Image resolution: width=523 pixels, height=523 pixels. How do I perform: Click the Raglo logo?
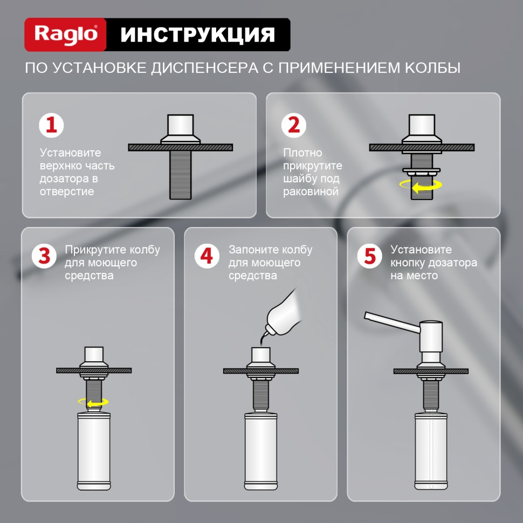coord(66,35)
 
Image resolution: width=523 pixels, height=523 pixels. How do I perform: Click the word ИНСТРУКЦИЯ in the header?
coord(197,35)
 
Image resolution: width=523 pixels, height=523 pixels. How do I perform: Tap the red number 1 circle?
coord(51,126)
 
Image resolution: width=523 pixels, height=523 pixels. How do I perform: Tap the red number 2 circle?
coord(294,126)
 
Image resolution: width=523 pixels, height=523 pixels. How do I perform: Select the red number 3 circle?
coord(44,256)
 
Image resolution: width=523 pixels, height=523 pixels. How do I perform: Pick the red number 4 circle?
coord(207,256)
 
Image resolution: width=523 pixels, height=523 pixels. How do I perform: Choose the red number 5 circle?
coord(369,256)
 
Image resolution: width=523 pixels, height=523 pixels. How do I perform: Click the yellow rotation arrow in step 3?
coord(93,402)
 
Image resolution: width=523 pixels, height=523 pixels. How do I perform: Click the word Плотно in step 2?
coord(302,153)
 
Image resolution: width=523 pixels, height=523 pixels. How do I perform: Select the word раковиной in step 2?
coord(311,192)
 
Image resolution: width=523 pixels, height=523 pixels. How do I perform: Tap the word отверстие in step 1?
coord(66,192)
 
